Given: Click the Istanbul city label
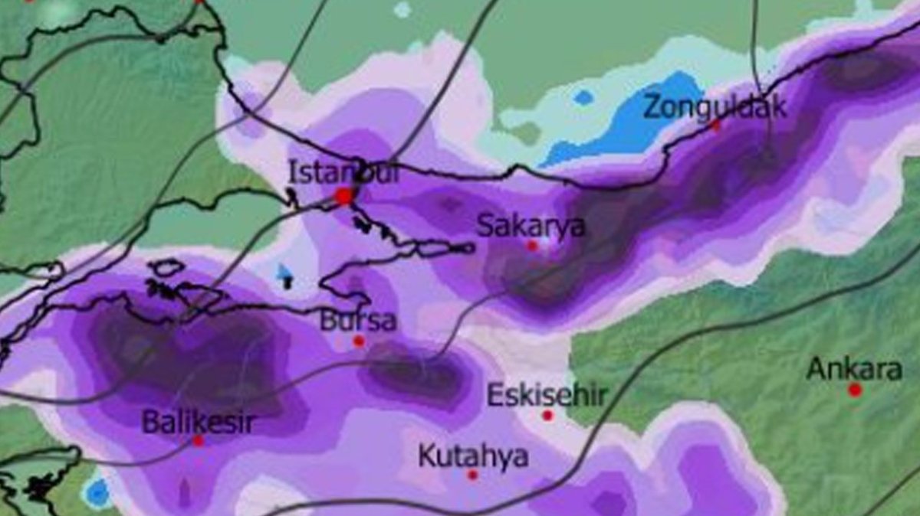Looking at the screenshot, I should point(343,172).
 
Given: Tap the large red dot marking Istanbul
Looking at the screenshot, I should point(344,197).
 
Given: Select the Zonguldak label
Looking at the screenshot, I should point(715,106).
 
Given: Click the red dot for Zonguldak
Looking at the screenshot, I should point(717,126).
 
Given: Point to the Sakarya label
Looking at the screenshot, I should point(531,226).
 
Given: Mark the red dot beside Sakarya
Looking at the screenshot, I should point(532,246).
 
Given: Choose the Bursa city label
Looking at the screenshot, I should point(359,320).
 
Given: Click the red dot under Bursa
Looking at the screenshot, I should point(358,341).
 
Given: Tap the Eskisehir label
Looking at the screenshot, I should point(547,396).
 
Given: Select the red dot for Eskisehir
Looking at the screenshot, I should point(547,416).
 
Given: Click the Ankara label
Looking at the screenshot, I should point(854,370).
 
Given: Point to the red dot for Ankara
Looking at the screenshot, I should point(855,390).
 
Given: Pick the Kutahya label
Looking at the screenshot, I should point(473,456).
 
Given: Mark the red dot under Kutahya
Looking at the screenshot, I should point(472,475).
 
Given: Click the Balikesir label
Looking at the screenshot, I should point(199,422).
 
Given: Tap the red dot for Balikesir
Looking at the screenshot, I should point(198,441).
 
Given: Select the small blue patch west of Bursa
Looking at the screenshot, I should point(285,273).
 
